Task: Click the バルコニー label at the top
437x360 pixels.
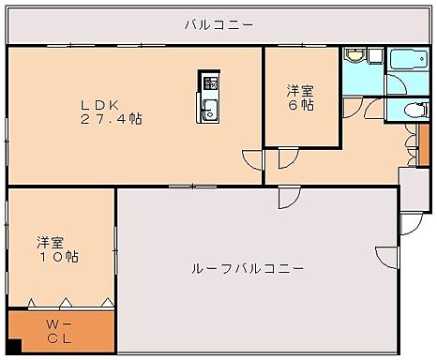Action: pyautogui.click(x=218, y=24)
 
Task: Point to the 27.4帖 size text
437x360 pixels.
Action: pyautogui.click(x=111, y=120)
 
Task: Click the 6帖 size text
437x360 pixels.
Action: pyautogui.click(x=301, y=106)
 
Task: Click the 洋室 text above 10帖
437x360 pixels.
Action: pyautogui.click(x=51, y=241)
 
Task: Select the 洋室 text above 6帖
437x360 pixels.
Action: pyautogui.click(x=300, y=90)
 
